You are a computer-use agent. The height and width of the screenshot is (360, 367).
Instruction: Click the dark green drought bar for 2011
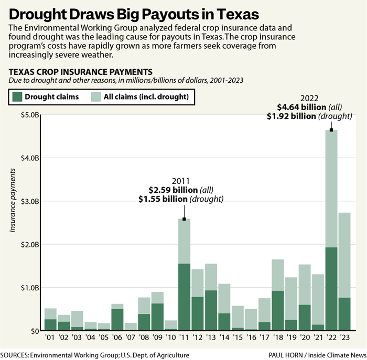184,297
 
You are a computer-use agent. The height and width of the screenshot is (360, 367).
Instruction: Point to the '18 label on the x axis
278,338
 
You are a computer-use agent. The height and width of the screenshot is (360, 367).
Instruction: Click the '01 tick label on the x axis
50,338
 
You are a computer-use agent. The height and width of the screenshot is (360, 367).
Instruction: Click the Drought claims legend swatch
17,96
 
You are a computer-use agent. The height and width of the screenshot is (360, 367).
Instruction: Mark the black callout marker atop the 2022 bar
331,129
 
